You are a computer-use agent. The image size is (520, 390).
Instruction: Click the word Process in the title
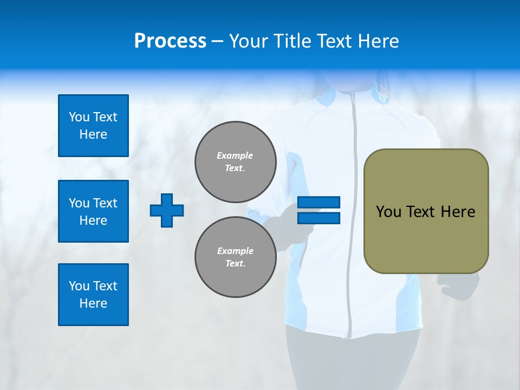[170, 41]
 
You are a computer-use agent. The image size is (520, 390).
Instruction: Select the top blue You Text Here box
[93, 126]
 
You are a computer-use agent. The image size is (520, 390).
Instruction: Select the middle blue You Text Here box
[93, 211]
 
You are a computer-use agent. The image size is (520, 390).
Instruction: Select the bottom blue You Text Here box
[93, 295]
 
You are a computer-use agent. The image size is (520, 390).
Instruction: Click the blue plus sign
[167, 210]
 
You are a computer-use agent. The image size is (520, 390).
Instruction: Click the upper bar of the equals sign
[318, 202]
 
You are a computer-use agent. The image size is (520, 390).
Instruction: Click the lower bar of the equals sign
[318, 218]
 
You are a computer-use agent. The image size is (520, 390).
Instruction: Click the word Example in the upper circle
[235, 155]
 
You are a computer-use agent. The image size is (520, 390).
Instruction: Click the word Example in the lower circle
[235, 251]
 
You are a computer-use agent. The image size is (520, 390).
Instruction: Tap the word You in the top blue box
[79, 117]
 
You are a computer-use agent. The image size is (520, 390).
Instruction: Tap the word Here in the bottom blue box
[93, 303]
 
